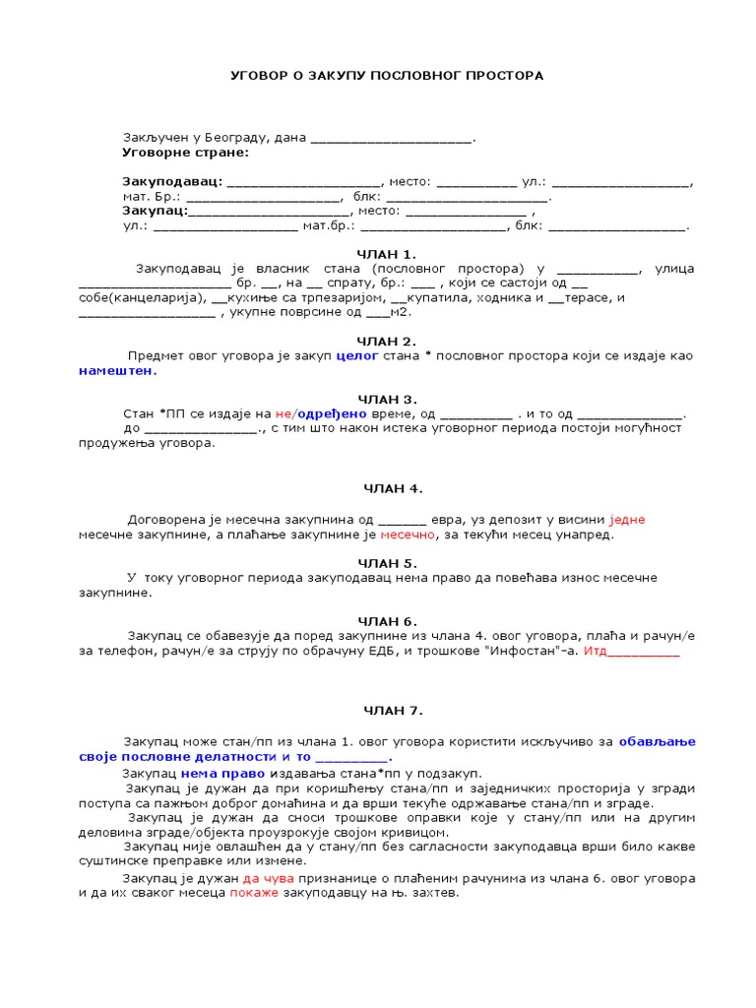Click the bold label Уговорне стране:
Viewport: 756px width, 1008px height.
coord(185,153)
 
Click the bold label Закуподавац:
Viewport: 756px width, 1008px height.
coord(172,182)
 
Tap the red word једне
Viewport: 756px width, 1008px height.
coord(628,520)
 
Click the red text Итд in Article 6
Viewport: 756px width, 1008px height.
coord(596,651)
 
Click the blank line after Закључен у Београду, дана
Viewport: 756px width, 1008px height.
coord(391,139)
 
